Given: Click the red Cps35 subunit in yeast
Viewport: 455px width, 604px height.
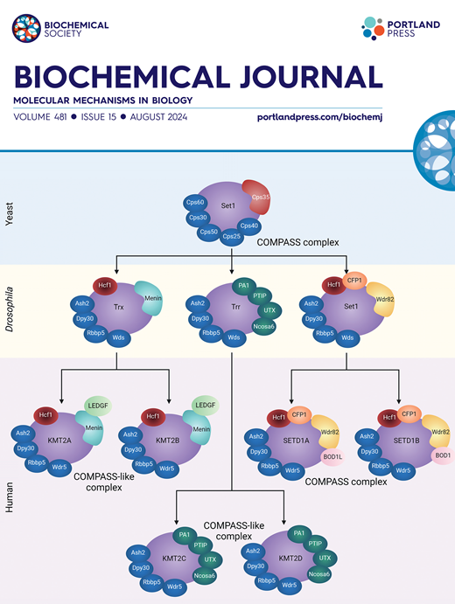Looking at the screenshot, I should point(262,197).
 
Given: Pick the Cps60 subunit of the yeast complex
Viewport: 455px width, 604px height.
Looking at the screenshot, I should point(194,202).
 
